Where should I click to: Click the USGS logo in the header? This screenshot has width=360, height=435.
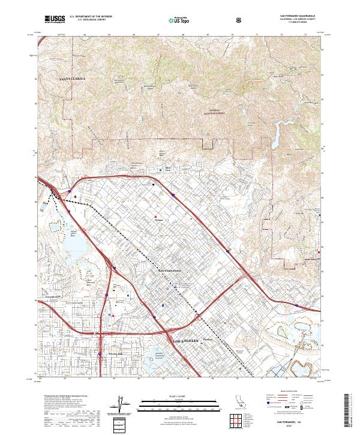[52, 20]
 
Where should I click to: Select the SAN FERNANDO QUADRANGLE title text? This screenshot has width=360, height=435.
[298, 16]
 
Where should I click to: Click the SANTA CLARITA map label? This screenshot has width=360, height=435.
[73, 79]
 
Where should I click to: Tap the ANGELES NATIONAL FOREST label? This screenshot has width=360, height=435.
[209, 111]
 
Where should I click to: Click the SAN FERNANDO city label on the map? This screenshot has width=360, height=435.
[173, 271]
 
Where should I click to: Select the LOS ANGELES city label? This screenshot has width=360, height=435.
[185, 341]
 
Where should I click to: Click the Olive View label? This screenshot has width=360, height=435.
[168, 169]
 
